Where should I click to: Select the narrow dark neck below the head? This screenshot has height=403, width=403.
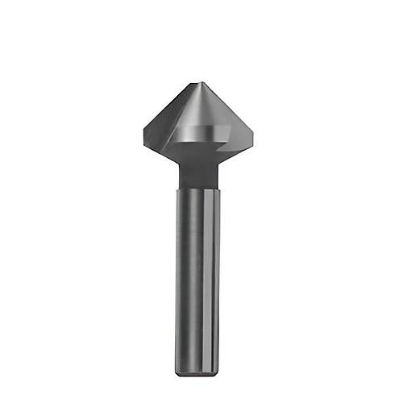click(x=199, y=171)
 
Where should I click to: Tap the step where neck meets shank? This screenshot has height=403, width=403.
click(x=199, y=187)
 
